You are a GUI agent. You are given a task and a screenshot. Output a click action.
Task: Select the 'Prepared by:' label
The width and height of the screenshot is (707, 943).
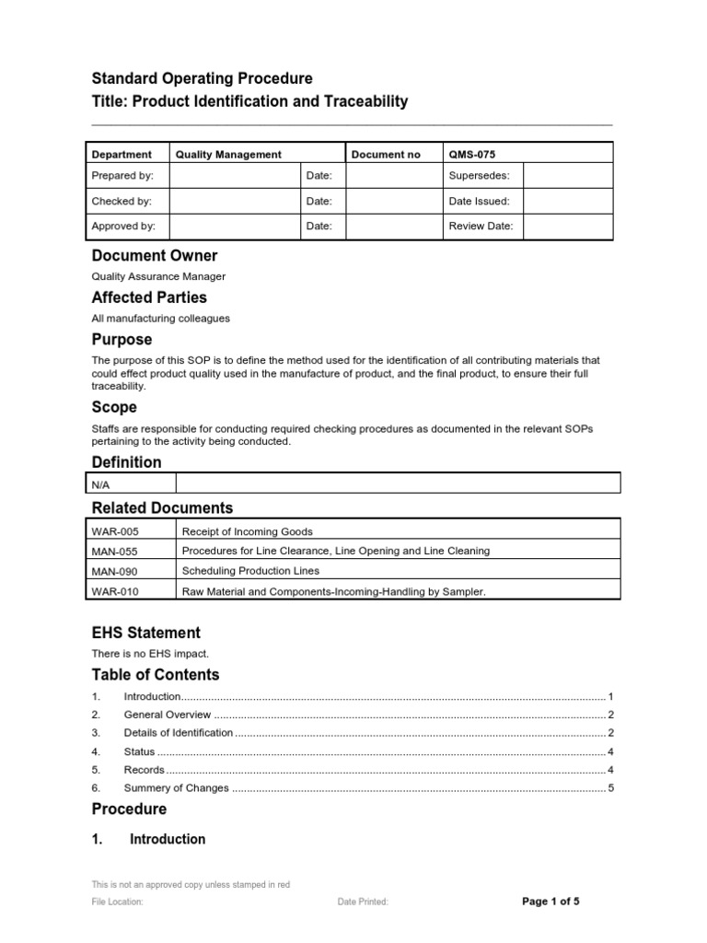122,175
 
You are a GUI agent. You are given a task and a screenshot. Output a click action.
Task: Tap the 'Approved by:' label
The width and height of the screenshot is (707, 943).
123,226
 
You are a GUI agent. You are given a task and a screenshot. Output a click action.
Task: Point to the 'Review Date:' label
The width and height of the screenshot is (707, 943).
481,226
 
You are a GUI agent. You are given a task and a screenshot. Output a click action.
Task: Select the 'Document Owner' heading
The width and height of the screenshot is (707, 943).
155,255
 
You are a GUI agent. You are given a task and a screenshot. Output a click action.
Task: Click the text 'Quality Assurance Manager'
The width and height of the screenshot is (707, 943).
158,276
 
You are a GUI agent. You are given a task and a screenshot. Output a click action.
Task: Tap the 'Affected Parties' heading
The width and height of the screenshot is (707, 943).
149,297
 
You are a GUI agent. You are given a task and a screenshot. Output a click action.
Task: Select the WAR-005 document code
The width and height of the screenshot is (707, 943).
115,531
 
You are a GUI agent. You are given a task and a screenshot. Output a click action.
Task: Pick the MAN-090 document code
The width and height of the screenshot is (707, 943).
115,572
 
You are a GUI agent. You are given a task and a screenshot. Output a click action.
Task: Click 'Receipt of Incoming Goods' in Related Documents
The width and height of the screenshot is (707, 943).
248,531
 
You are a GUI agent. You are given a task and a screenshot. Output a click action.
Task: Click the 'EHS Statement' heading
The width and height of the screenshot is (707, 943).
146,633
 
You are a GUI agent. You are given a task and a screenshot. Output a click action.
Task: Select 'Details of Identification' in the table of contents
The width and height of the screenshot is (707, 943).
179,733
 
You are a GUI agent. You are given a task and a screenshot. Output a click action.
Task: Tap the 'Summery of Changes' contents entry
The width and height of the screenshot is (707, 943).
175,788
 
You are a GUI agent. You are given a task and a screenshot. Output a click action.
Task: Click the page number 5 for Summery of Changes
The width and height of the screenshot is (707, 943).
610,788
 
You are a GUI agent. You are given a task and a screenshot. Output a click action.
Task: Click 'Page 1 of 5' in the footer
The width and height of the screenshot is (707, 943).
551,902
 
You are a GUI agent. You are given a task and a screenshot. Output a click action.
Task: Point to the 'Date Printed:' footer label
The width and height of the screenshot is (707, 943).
363,902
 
